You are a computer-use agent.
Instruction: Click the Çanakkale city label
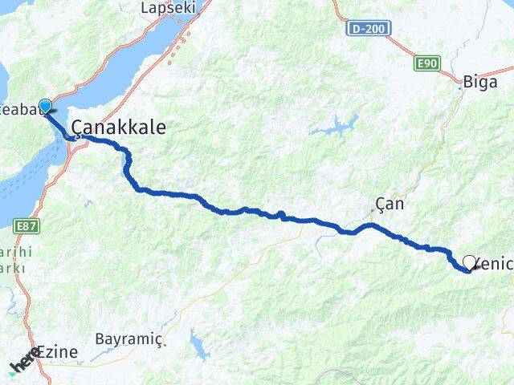[x=119, y=127]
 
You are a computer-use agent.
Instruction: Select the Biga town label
[x=481, y=81]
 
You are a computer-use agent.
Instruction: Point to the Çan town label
[x=390, y=204]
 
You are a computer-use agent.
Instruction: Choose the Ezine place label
[x=58, y=351]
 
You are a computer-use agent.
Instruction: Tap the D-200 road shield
[x=367, y=29]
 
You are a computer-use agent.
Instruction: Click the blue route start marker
[x=45, y=106]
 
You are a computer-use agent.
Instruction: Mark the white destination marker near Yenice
[x=469, y=261]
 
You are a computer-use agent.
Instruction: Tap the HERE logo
[x=24, y=360]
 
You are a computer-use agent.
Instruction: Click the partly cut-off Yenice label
[x=494, y=261]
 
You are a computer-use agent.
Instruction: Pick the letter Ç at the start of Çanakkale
[x=78, y=127]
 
